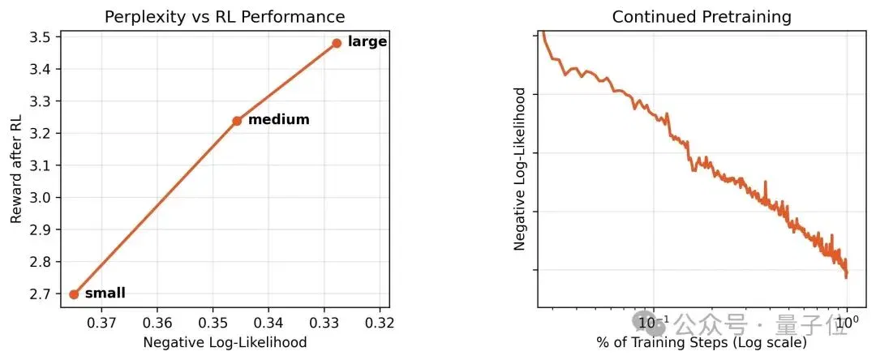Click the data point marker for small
(x=74, y=294)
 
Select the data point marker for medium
(x=237, y=121)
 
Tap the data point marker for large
(x=337, y=43)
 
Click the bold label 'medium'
(x=279, y=119)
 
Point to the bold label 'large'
(x=367, y=42)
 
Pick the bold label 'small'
(x=105, y=293)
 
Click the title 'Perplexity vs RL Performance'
(x=225, y=17)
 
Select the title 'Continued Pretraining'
(x=702, y=17)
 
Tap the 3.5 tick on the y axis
(x=41, y=37)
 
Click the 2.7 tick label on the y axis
(x=41, y=294)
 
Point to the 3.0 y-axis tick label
(x=41, y=198)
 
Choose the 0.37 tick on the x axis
(x=101, y=323)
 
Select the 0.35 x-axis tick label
(x=213, y=323)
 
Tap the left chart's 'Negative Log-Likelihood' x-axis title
(x=225, y=342)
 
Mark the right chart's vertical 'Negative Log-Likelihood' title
(x=520, y=169)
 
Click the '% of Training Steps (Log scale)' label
(x=702, y=342)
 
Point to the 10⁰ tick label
(x=848, y=322)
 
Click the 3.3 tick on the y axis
(x=41, y=101)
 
